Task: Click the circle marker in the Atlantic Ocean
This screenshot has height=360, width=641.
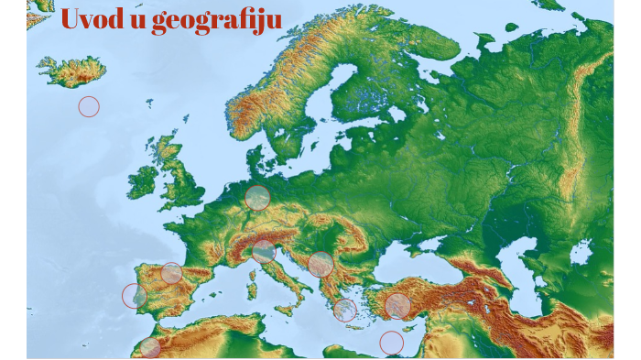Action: click(89, 106)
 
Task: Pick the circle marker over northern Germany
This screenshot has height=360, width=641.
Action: click(258, 198)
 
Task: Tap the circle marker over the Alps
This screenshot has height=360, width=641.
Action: click(264, 251)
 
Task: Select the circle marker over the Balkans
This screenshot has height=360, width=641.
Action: click(320, 265)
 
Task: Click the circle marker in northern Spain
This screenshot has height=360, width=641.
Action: click(171, 273)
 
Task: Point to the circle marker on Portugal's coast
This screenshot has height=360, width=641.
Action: click(135, 296)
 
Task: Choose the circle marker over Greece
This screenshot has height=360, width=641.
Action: click(345, 310)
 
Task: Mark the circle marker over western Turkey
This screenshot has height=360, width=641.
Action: click(397, 306)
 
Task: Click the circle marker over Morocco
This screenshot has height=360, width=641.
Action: click(150, 347)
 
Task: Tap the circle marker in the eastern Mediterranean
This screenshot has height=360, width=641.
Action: click(392, 343)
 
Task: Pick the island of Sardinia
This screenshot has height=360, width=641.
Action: click(251, 290)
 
